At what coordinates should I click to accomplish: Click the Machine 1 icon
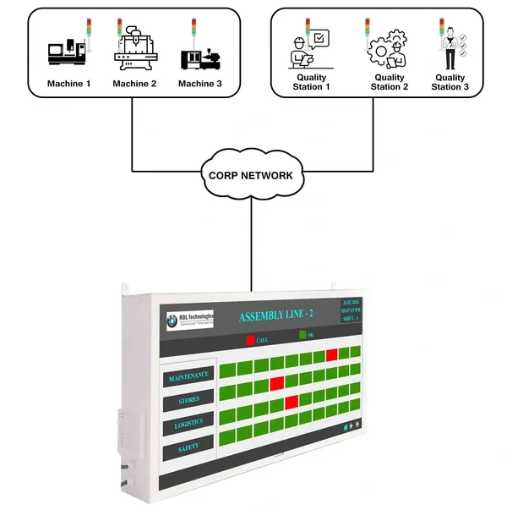tap(65, 53)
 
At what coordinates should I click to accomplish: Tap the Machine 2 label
tap(134, 83)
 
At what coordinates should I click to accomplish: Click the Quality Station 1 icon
tap(308, 50)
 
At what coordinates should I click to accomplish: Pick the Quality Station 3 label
tap(450, 83)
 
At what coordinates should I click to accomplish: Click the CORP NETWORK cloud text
tap(251, 176)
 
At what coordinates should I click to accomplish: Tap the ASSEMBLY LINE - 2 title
tap(276, 316)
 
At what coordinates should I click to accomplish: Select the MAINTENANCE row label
tap(188, 376)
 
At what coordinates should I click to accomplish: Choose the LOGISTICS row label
tap(188, 425)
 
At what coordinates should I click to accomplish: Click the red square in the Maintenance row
tap(332, 355)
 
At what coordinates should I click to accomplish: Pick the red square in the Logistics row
tap(292, 401)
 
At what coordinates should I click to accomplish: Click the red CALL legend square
tap(249, 340)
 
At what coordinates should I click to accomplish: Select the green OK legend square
tap(303, 337)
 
